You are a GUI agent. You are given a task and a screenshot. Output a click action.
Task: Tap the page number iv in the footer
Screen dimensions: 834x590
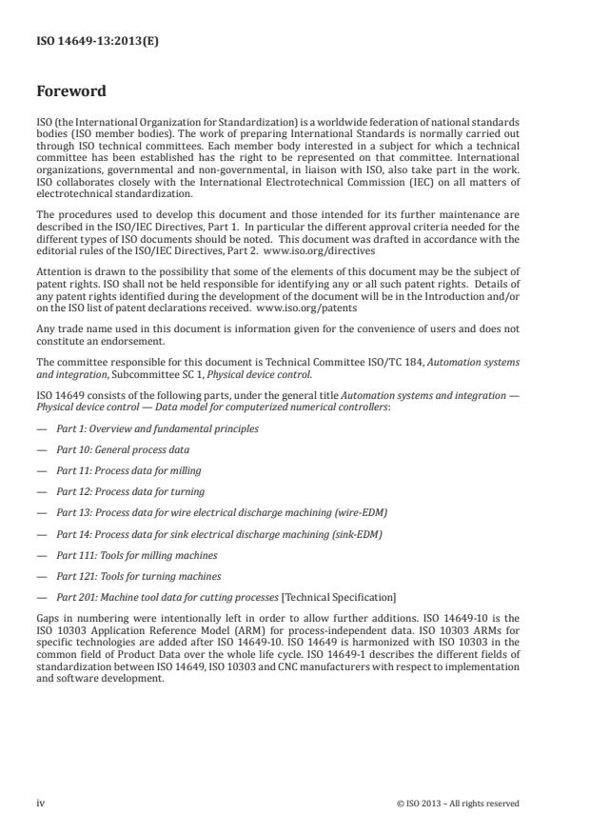(x=41, y=803)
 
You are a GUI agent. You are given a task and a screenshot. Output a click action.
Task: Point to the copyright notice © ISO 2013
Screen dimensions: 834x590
(x=458, y=803)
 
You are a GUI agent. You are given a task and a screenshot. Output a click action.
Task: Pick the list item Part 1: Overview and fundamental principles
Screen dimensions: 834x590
(x=157, y=428)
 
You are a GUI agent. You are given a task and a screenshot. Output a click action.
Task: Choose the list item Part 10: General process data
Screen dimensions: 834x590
(x=123, y=449)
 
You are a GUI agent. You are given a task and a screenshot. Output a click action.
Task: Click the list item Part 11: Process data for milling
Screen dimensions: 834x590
(x=128, y=470)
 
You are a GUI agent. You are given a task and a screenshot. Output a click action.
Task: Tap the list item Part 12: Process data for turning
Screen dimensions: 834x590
(x=128, y=491)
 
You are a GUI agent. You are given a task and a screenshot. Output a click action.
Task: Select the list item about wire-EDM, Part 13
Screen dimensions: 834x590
(x=222, y=512)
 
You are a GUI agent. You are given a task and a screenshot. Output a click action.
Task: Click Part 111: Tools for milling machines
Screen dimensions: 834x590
(x=137, y=555)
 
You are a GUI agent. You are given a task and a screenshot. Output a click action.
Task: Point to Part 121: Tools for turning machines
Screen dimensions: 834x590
(x=139, y=576)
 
